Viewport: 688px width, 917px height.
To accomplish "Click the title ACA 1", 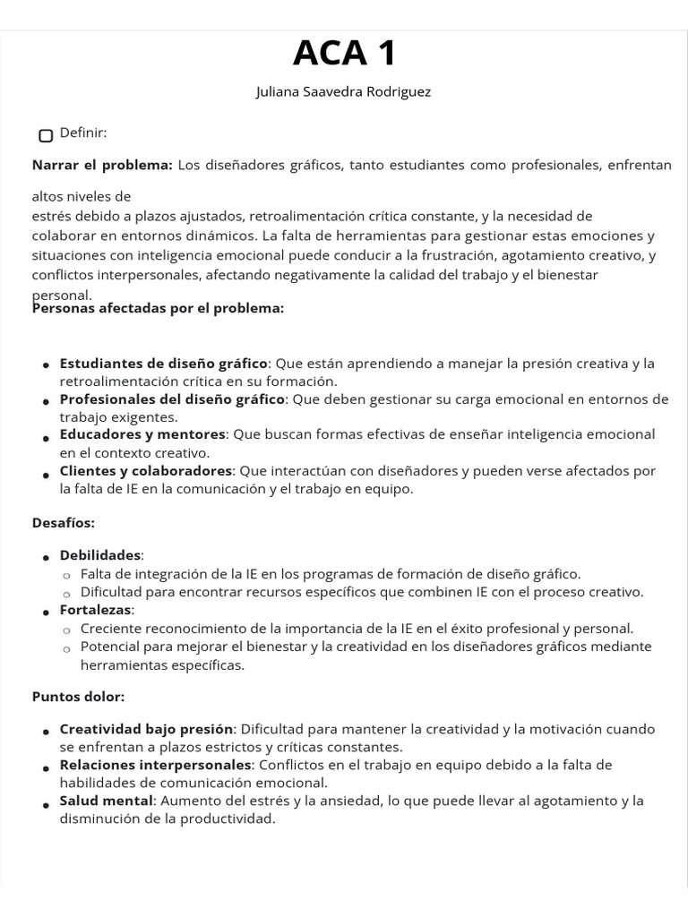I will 344,55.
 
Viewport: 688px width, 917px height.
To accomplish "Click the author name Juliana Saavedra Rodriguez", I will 344,92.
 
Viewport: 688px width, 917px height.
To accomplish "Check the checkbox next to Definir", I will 46,135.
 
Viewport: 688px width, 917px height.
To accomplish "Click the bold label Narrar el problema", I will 102,165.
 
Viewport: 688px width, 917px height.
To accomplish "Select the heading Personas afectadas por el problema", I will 158,308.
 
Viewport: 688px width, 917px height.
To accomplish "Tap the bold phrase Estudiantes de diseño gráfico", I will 164,363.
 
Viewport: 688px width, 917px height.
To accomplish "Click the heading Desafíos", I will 64,522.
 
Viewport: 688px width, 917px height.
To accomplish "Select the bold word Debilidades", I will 100,555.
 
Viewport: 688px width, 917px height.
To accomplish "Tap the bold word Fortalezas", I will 96,610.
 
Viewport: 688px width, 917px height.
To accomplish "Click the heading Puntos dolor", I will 79,696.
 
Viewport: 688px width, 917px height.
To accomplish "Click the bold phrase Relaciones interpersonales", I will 155,765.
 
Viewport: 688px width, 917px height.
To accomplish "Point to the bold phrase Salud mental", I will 107,801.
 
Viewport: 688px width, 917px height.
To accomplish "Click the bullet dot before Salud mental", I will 45,804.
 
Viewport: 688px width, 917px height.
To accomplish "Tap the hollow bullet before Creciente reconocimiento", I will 66,630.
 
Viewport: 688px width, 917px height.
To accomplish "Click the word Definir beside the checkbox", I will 83,133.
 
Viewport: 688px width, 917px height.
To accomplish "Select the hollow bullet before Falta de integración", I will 66,575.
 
